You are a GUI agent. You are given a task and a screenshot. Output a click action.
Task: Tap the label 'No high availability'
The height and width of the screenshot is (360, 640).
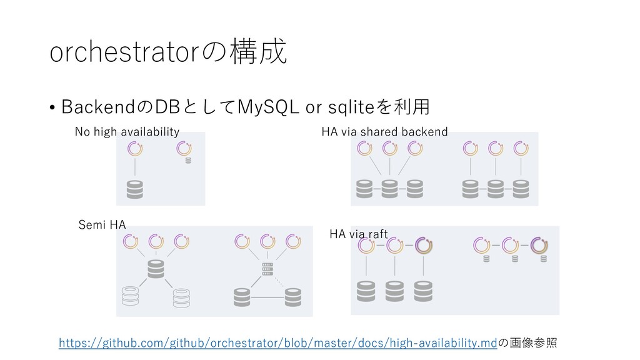pyautogui.click(x=127, y=131)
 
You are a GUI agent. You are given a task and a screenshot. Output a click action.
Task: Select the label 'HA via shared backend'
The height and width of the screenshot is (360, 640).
pyautogui.click(x=384, y=131)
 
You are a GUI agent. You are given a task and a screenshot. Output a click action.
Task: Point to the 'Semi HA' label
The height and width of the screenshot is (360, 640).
pyautogui.click(x=101, y=224)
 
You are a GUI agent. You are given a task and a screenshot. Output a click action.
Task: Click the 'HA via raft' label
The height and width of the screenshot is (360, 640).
pyautogui.click(x=358, y=234)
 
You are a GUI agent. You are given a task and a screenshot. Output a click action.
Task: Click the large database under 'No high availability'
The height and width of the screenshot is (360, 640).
pyautogui.click(x=135, y=189)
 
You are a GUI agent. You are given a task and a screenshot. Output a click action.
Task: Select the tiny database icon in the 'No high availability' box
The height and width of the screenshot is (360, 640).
pyautogui.click(x=187, y=160)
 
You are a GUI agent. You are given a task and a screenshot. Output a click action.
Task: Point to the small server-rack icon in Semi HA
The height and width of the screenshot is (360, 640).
pyautogui.click(x=267, y=269)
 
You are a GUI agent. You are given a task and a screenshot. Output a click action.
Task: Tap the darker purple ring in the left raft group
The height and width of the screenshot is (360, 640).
pyautogui.click(x=423, y=245)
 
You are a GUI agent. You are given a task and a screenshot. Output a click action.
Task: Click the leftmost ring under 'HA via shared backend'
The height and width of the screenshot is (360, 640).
pyautogui.click(x=364, y=148)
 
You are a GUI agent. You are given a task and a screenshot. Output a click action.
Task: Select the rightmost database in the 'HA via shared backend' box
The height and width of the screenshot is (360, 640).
pyautogui.click(x=521, y=187)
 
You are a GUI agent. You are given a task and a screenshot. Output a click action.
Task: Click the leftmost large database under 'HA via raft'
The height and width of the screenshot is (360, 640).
pyautogui.click(x=366, y=290)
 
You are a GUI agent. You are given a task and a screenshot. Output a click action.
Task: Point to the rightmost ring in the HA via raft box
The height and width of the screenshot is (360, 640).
pyautogui.click(x=539, y=245)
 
